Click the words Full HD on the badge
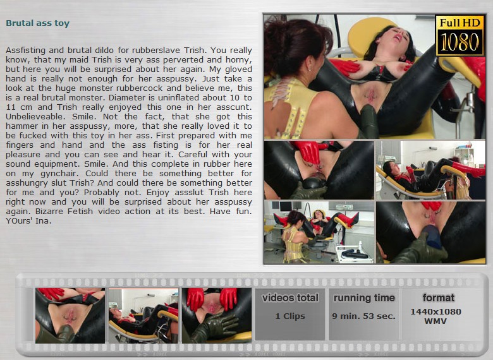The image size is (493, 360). [x=460, y=23]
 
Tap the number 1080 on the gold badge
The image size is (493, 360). [x=460, y=42]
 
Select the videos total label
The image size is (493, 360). [x=290, y=297]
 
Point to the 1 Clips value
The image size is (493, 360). [x=290, y=316]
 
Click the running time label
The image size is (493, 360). [x=364, y=298]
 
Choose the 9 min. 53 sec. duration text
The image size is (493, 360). [x=364, y=316]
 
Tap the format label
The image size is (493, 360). [x=438, y=297]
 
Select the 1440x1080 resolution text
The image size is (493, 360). [x=435, y=311]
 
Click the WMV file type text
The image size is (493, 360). [x=435, y=321]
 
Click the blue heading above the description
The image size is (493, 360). [x=38, y=23]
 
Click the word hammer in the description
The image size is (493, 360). [x=20, y=126]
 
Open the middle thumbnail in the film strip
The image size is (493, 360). [x=143, y=315]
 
